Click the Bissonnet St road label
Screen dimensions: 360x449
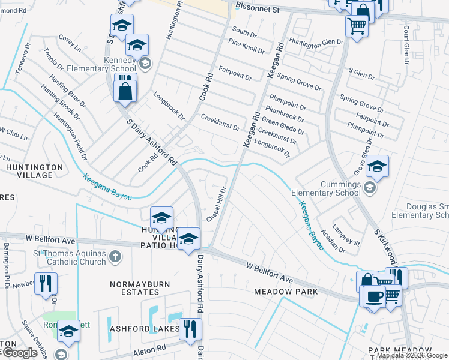point(258,10)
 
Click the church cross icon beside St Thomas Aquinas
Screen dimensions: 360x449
point(115,257)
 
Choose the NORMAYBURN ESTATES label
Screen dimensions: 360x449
point(140,287)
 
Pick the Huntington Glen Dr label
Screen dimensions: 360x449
point(316,42)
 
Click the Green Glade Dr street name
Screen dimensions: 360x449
point(282,125)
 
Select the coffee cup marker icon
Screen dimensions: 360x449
point(373,296)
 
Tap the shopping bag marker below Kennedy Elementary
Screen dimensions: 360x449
point(125,92)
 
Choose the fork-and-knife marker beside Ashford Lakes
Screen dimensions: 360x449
point(190,328)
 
